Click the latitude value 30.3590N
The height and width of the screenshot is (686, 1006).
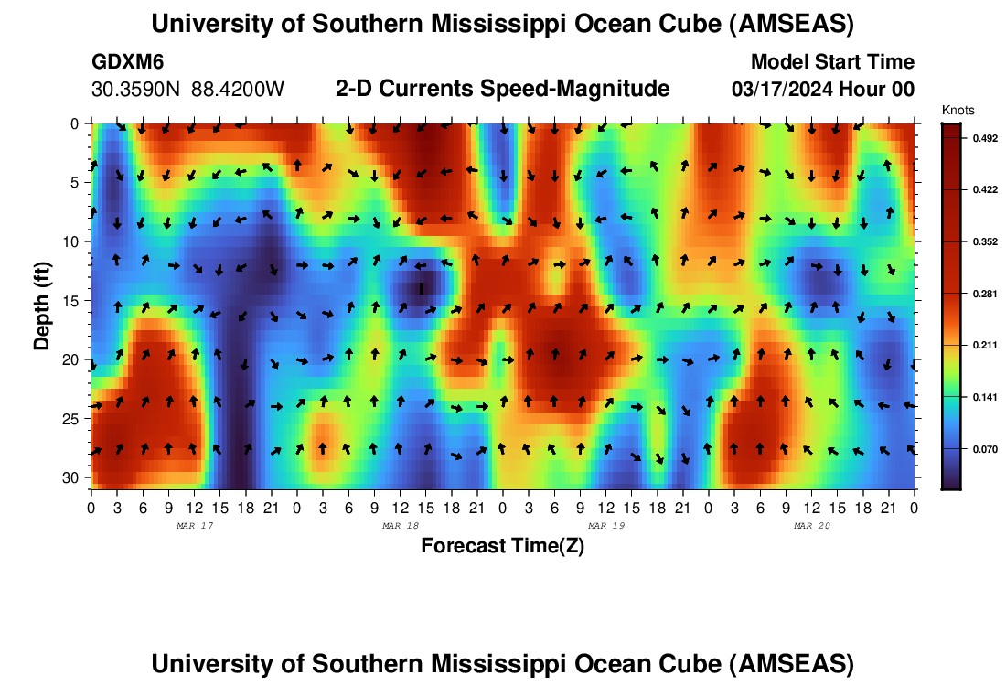pos(137,90)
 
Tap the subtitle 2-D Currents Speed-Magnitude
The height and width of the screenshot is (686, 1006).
pos(502,89)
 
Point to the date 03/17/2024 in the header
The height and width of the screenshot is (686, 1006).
pos(779,90)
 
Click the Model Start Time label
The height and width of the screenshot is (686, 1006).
pos(831,62)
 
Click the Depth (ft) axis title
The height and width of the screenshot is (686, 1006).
pos(42,301)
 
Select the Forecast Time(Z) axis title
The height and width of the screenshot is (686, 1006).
pos(502,546)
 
